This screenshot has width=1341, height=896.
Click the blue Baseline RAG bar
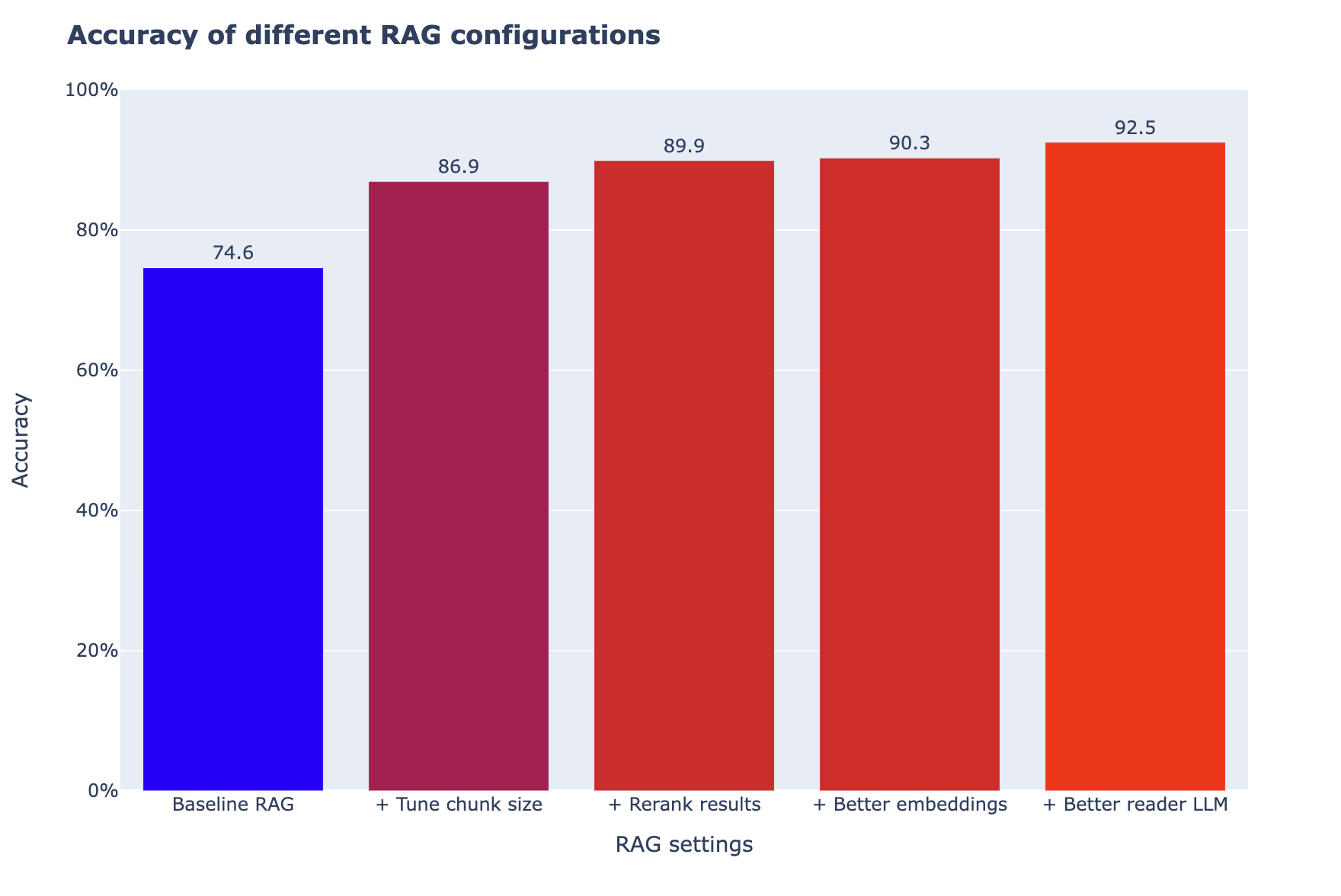pos(233,529)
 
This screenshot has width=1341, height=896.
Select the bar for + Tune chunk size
pos(459,486)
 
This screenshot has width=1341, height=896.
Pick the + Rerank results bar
pos(684,475)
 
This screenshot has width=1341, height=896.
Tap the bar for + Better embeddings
pos(910,474)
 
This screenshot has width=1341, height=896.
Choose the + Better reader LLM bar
pos(1135,466)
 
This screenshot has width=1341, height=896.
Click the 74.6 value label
pos(233,253)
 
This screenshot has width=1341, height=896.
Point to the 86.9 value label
pos(459,167)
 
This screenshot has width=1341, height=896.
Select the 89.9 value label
pos(684,146)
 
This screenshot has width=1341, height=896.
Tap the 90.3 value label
pos(910,143)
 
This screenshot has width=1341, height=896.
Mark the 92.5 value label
pos(1135,128)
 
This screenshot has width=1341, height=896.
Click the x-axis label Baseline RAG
pos(233,805)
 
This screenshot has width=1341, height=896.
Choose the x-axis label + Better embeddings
pos(910,805)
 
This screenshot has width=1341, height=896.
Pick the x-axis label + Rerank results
pos(684,805)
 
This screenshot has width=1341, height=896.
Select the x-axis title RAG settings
pos(684,845)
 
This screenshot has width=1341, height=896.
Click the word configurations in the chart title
pos(567,36)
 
